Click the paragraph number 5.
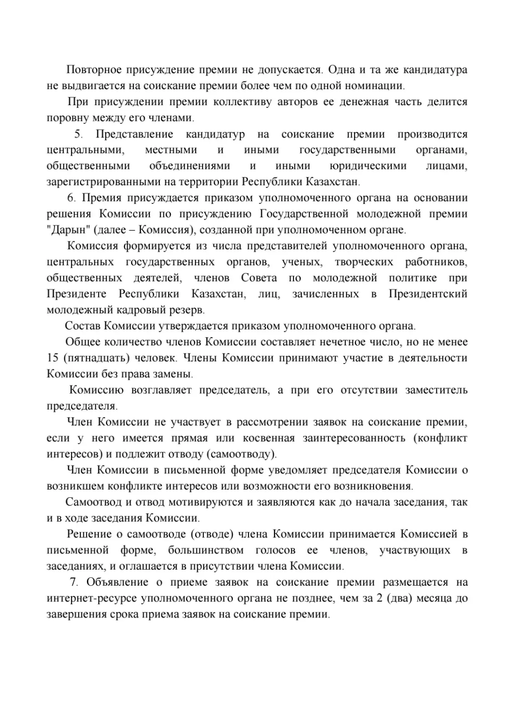(78, 134)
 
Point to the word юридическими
(369, 166)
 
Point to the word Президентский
(428, 294)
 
